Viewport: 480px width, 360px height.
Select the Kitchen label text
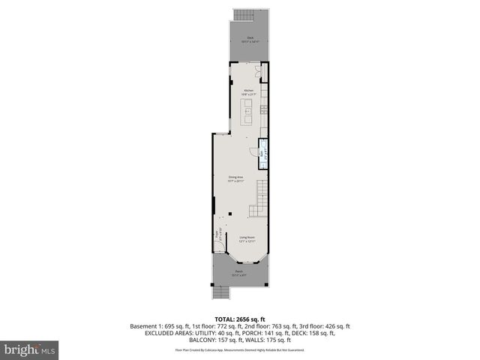coord(249,91)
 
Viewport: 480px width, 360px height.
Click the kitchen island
coord(247,114)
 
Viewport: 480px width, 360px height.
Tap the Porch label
coord(239,272)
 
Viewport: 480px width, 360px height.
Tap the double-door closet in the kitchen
coord(259,73)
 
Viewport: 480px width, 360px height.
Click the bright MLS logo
coord(30,349)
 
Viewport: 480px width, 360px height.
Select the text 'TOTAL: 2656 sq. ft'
coord(240,319)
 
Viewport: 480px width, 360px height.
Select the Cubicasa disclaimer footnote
coord(240,349)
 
